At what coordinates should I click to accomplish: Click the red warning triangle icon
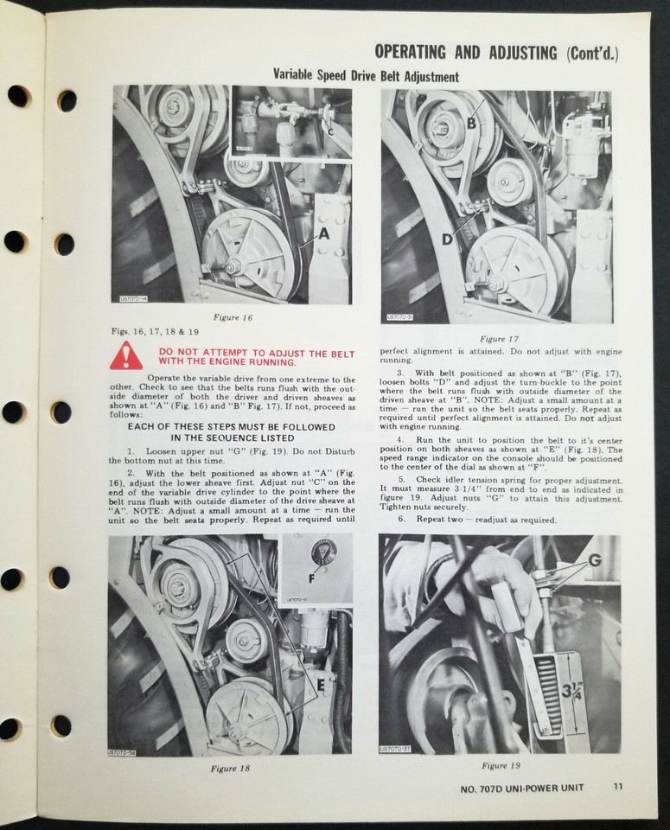pos(126,356)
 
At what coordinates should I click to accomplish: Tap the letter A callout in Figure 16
pos(323,233)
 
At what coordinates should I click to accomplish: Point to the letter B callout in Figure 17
pos(472,123)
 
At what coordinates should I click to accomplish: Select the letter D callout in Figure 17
pos(447,239)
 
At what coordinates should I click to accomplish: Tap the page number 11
pos(616,787)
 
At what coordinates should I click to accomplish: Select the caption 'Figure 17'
pos(499,338)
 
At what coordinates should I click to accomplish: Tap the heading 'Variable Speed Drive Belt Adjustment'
pos(366,77)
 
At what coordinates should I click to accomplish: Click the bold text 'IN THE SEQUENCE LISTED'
pos(232,437)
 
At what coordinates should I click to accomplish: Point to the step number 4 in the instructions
pos(401,440)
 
